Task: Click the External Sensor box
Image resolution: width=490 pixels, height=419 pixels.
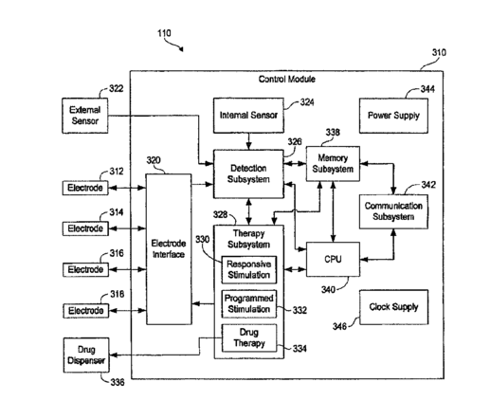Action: [85, 116]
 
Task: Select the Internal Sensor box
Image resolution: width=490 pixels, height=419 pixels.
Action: [248, 116]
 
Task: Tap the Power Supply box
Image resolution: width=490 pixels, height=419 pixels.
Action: [393, 116]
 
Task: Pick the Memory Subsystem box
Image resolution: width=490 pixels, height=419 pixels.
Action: [333, 164]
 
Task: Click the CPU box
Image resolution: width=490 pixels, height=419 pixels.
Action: [333, 260]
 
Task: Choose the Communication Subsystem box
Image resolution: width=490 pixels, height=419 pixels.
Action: [393, 211]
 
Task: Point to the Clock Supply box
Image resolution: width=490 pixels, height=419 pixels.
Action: [394, 307]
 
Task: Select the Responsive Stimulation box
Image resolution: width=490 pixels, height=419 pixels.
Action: [249, 270]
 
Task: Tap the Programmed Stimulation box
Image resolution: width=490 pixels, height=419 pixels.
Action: [249, 303]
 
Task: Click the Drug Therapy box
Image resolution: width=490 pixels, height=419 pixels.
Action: [249, 338]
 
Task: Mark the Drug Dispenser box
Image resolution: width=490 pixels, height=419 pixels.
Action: [86, 355]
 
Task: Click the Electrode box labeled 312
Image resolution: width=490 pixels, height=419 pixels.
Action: [85, 188]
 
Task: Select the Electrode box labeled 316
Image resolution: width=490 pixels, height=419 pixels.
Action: [85, 269]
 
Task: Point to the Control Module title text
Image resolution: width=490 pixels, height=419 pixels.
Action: [287, 79]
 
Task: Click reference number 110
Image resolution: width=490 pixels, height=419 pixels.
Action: [164, 33]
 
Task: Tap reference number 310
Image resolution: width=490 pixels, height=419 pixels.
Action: [439, 52]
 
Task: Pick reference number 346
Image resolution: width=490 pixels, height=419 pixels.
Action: [339, 326]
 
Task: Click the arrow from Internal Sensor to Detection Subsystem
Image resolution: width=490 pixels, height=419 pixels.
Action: [249, 141]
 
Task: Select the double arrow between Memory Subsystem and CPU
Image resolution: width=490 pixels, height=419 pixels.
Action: [333, 211]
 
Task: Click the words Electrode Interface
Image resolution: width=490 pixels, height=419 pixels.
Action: [169, 249]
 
